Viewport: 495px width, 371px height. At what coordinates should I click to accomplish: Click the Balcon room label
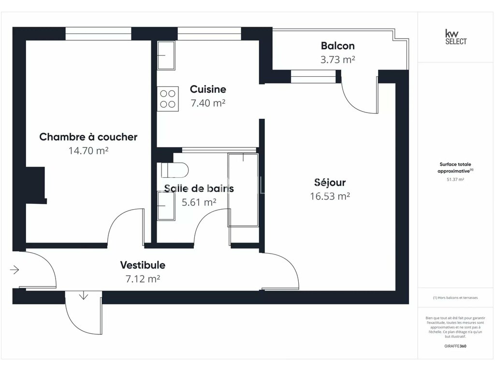coord(337,46)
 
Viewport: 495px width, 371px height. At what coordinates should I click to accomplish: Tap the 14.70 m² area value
coord(88,151)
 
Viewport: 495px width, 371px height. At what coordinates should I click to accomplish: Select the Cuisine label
coord(208,89)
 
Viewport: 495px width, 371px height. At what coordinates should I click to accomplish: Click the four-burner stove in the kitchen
coord(168,99)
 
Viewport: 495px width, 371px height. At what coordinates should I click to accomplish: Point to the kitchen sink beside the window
coord(166,55)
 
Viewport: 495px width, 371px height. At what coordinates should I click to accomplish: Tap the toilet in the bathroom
coord(175,170)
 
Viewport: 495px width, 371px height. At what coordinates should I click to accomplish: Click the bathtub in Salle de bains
coord(243,190)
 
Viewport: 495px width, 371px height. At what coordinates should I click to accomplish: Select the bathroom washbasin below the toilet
coord(166,206)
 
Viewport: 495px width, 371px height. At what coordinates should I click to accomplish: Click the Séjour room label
coord(330,182)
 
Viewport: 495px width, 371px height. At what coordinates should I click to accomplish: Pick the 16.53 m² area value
coord(330,196)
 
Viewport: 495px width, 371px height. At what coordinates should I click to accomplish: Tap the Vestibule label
coord(143,265)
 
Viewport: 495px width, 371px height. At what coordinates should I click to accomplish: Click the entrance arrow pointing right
coord(15,270)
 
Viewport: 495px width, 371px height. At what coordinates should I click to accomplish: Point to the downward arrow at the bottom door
coord(83,296)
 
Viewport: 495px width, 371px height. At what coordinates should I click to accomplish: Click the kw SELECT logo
coord(455,37)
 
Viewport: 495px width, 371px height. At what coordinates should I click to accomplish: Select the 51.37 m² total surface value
coord(455,180)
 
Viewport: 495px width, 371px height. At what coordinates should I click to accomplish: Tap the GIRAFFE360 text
coord(455,346)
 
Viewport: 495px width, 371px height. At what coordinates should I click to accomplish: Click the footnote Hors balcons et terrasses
coord(455,298)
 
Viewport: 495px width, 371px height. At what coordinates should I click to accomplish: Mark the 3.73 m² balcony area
coord(337,59)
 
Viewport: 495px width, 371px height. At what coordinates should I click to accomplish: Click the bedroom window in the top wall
coord(98,34)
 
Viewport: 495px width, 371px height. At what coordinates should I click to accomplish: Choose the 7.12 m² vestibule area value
coord(143,279)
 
